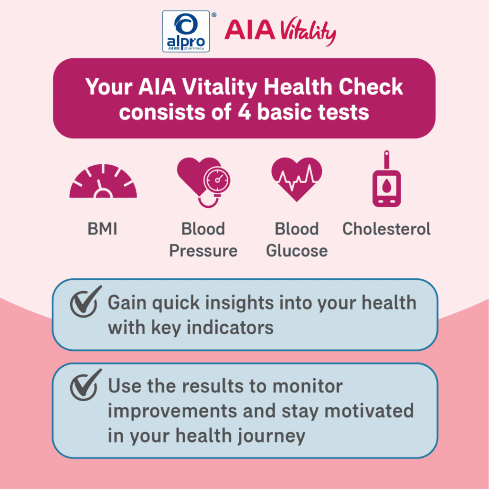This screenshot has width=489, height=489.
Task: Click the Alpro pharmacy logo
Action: pos(186,31)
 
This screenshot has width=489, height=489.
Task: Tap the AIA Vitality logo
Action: pos(280,31)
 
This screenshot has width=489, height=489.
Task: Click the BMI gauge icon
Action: pos(103,181)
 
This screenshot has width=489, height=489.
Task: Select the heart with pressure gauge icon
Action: pos(203,182)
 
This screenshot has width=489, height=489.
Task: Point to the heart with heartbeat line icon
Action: pos(297,180)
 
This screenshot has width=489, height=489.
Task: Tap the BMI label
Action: pos(102,229)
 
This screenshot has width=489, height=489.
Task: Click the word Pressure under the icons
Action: pos(203,251)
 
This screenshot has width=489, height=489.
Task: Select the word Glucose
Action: pos(297,251)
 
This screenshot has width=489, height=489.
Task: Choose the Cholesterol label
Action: pos(386,229)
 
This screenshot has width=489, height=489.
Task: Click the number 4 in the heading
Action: pos(244,112)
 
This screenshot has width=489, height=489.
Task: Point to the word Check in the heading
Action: pos(371,87)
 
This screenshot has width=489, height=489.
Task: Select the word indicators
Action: pos(230,328)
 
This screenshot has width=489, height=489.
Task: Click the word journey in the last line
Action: pos(271,436)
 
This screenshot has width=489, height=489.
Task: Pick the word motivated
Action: pos(369,411)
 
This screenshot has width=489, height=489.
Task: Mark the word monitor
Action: pos(308,386)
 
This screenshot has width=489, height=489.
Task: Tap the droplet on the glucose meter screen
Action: pos(387,186)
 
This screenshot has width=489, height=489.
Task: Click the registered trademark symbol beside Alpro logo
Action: pos(213,15)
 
